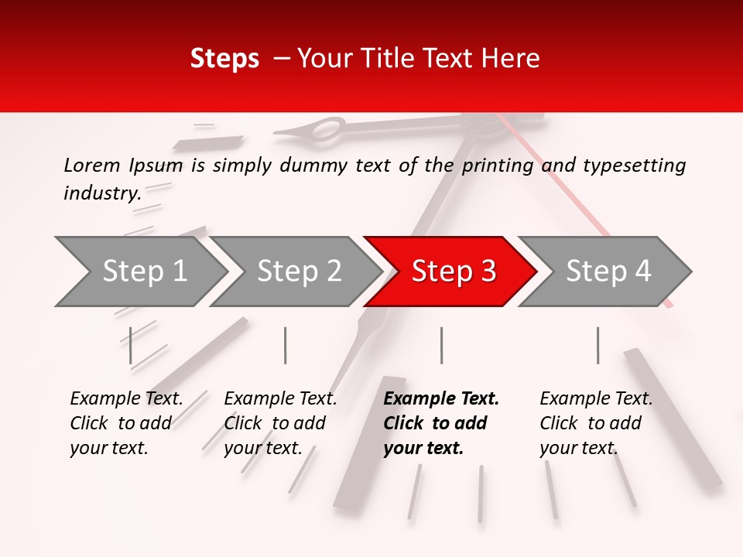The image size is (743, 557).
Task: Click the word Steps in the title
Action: point(224,59)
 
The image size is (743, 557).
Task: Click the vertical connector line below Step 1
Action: point(131,345)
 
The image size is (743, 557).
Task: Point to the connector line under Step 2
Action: point(286,345)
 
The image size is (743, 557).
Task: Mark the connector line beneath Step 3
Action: point(441,345)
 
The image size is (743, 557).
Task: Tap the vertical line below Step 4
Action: point(597,345)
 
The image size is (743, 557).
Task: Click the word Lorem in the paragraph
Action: point(91,165)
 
